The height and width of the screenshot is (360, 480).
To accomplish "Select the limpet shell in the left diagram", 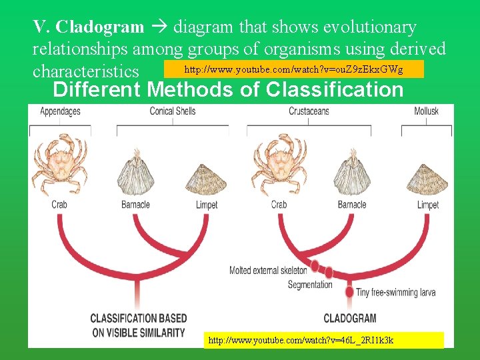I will [207, 180].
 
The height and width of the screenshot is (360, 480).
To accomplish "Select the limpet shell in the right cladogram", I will [427, 180].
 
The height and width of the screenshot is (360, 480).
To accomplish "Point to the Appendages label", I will [60, 111].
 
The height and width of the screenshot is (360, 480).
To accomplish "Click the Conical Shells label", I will [173, 111].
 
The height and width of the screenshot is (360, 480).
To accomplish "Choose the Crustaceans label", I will [309, 111].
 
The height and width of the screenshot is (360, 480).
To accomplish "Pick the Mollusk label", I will [426, 111].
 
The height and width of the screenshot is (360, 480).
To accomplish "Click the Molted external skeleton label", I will [268, 270].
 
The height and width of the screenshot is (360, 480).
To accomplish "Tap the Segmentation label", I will [310, 285].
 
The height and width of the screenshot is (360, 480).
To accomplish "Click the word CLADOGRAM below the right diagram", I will [349, 318].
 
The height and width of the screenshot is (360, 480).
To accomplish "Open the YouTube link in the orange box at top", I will [293, 69].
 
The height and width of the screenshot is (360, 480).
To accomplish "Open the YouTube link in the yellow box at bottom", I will [301, 340].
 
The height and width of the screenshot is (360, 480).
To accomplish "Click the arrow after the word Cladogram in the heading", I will [159, 27].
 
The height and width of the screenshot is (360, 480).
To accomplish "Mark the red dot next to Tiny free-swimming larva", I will [349, 291].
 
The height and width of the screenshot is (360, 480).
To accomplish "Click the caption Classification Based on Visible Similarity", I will [139, 325].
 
